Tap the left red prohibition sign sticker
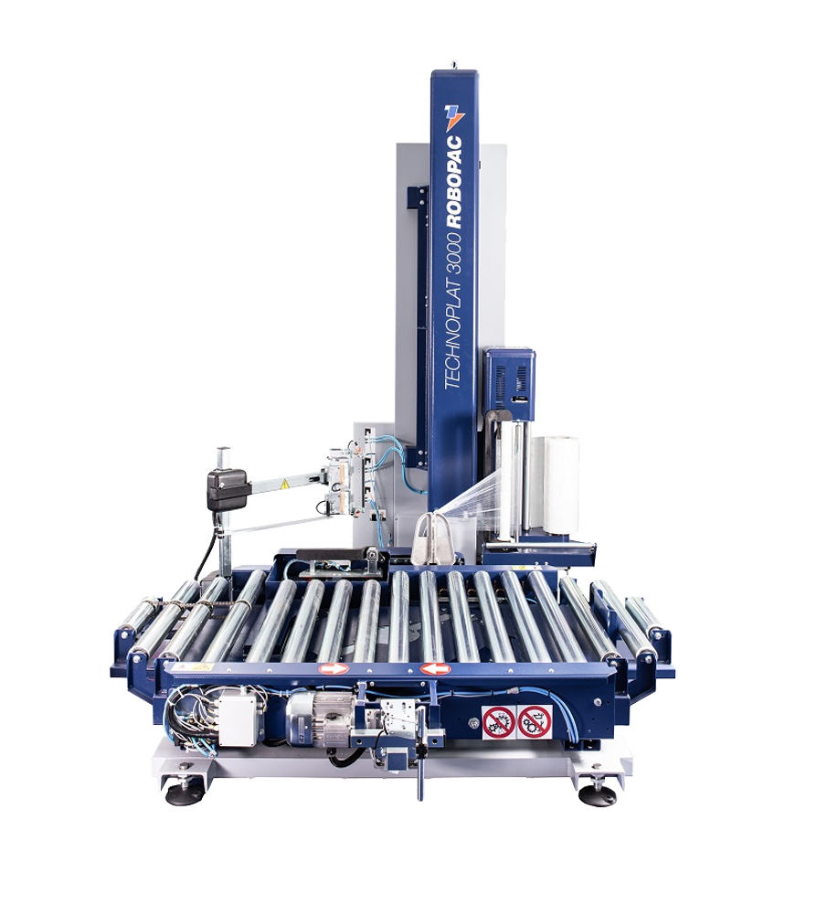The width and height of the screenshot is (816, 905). [x=498, y=722]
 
